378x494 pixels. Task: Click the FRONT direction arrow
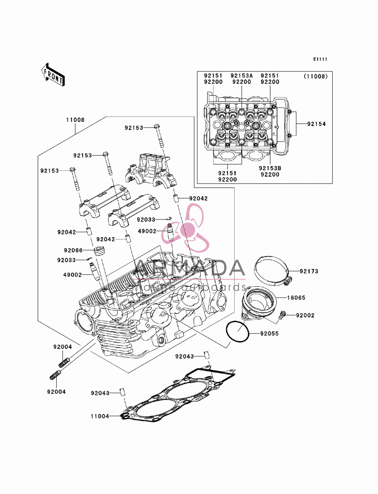click(53, 74)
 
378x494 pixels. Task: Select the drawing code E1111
click(320, 59)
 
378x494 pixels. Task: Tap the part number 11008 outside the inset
click(75, 120)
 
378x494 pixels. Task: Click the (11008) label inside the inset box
click(316, 77)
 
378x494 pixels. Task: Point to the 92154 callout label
click(316, 124)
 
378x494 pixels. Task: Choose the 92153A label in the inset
click(242, 76)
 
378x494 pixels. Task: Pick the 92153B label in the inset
click(270, 168)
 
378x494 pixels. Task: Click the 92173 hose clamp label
click(309, 271)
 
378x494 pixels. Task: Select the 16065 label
click(296, 298)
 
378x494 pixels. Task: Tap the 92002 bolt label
click(305, 315)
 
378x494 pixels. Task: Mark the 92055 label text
click(270, 334)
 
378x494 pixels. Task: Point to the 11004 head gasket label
click(100, 416)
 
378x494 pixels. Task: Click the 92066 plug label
click(73, 250)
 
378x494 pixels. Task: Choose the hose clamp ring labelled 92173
click(273, 271)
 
